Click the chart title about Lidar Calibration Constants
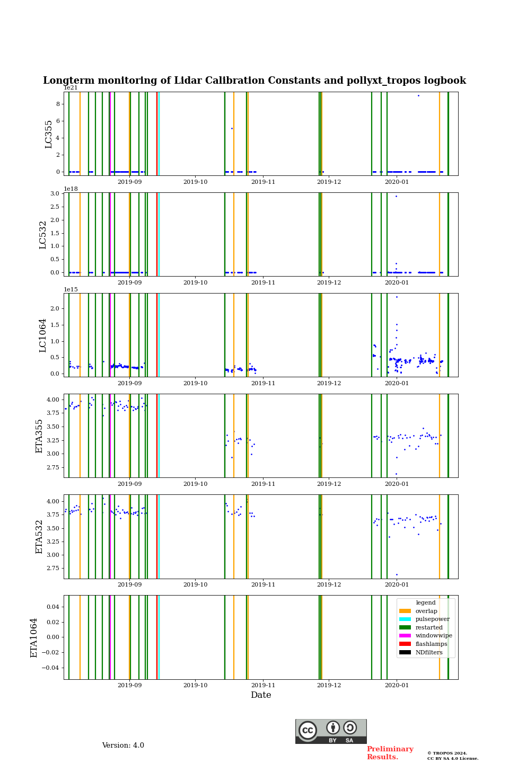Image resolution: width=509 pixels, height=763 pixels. click(254, 81)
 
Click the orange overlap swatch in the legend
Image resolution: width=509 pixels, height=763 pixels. click(405, 611)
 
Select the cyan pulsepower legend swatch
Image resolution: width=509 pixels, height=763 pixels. click(405, 619)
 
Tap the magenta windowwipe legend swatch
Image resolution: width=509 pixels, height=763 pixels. click(405, 635)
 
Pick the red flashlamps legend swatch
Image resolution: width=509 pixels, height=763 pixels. click(405, 644)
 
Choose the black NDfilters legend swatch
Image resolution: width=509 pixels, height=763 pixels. click(405, 652)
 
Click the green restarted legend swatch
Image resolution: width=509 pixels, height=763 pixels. click(405, 627)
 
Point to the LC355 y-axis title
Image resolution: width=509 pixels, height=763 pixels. click(49, 134)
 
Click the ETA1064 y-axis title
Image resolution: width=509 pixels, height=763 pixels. click(34, 637)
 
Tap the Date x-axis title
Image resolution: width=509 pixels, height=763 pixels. click(261, 695)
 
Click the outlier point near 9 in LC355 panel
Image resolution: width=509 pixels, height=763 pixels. click(418, 95)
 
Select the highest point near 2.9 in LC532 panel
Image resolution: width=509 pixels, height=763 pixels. click(396, 196)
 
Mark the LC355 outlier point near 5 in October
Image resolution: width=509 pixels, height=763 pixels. click(232, 128)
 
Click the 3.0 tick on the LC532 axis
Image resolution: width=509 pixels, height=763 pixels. click(55, 193)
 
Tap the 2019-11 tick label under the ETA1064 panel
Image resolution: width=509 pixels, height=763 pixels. click(263, 685)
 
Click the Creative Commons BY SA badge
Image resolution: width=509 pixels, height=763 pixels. click(331, 731)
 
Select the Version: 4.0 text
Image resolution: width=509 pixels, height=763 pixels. click(123, 746)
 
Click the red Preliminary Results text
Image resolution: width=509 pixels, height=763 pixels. click(390, 753)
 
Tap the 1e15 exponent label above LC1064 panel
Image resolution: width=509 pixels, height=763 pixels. click(71, 289)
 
